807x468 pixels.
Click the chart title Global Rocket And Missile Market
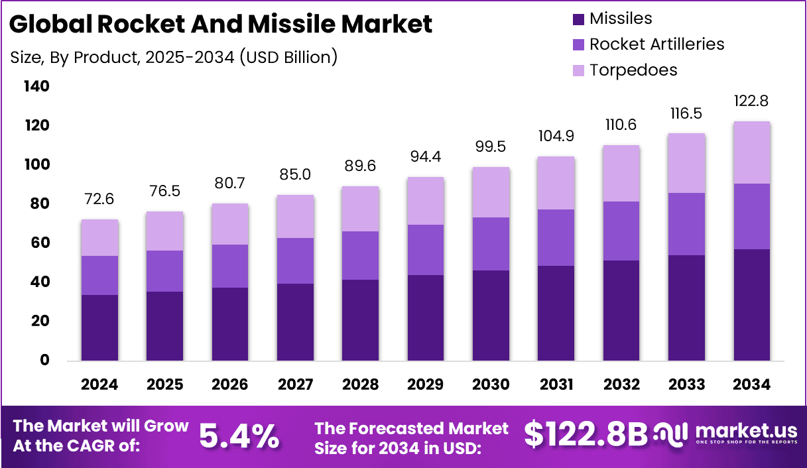[221, 25]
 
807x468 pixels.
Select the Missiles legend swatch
[578, 19]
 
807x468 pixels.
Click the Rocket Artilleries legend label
[656, 44]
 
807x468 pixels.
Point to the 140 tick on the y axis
[36, 86]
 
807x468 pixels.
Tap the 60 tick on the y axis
[38, 243]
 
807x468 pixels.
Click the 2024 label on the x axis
[99, 385]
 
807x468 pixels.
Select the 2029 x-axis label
[426, 385]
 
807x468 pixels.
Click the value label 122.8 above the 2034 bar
[752, 102]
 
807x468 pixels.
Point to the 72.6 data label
[99, 200]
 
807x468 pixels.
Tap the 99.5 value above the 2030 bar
[491, 147]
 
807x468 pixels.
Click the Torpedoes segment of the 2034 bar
[752, 152]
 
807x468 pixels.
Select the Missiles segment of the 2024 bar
[99, 327]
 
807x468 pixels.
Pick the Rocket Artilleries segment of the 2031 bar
[556, 237]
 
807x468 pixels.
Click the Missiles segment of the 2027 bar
[295, 322]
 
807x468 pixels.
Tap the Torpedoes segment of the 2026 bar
[230, 224]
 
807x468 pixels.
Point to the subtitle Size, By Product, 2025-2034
[174, 58]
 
